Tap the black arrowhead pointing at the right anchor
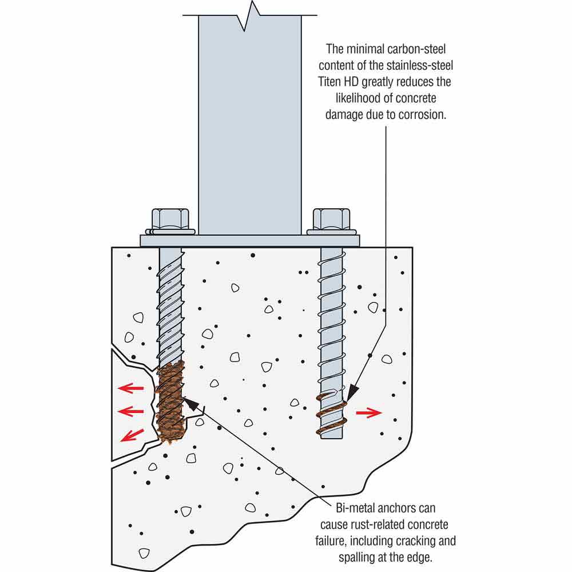point(352,394)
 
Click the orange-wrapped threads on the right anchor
point(332,415)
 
